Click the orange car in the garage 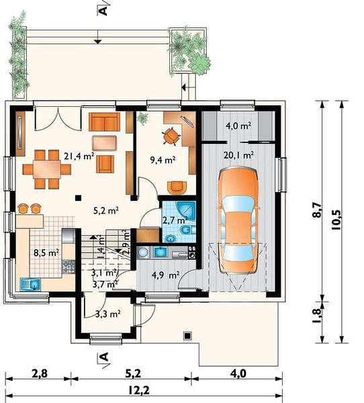click(x=238, y=222)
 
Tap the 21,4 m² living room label click(x=79, y=156)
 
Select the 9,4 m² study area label click(x=163, y=160)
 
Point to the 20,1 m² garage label click(x=239, y=155)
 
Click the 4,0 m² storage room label click(x=238, y=126)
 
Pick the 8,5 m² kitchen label click(x=46, y=253)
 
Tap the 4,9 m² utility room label click(x=166, y=275)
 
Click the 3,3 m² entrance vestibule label click(x=108, y=314)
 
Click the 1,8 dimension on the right click(x=317, y=316)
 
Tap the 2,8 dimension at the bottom click(x=40, y=373)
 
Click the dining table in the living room click(x=47, y=169)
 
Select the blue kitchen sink click(x=30, y=284)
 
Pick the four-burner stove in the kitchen click(x=69, y=267)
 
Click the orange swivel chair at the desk click(x=171, y=136)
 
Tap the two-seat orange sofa click(x=104, y=122)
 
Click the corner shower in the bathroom click(x=186, y=211)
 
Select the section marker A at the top click(x=103, y=11)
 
